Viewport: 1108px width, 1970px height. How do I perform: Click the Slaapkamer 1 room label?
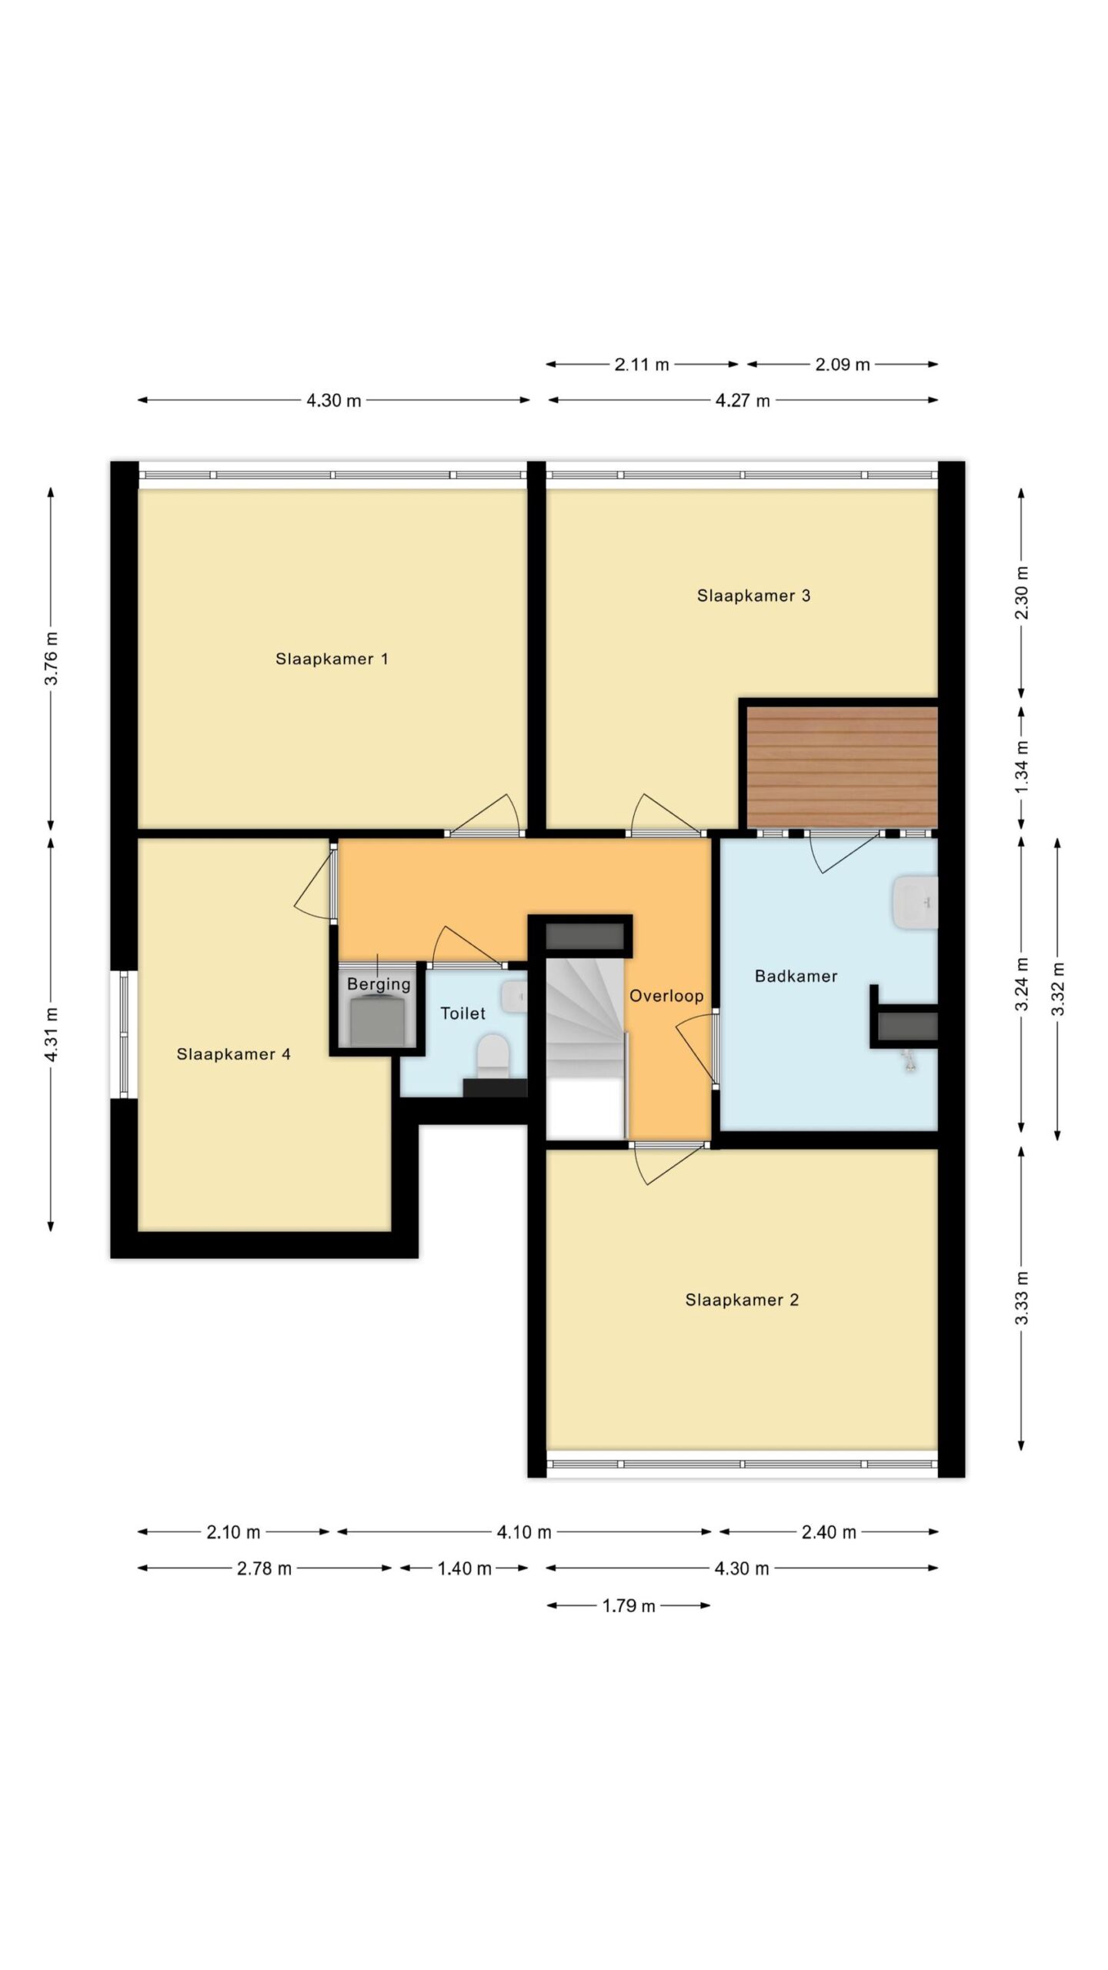332,659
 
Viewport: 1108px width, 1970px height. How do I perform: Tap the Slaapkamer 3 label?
753,596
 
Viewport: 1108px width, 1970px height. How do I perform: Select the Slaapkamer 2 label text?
742,1300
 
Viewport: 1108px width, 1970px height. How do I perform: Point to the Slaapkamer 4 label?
233,1054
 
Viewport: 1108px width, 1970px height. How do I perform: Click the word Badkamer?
796,976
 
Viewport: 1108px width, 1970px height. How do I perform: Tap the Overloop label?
666,997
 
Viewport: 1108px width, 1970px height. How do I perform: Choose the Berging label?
379,984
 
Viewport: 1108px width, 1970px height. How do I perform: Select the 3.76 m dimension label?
51,658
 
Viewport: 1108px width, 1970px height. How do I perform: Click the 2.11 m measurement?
642,365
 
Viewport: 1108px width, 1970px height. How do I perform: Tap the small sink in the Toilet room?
514,997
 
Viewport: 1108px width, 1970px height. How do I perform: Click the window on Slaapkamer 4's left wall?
125,1035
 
